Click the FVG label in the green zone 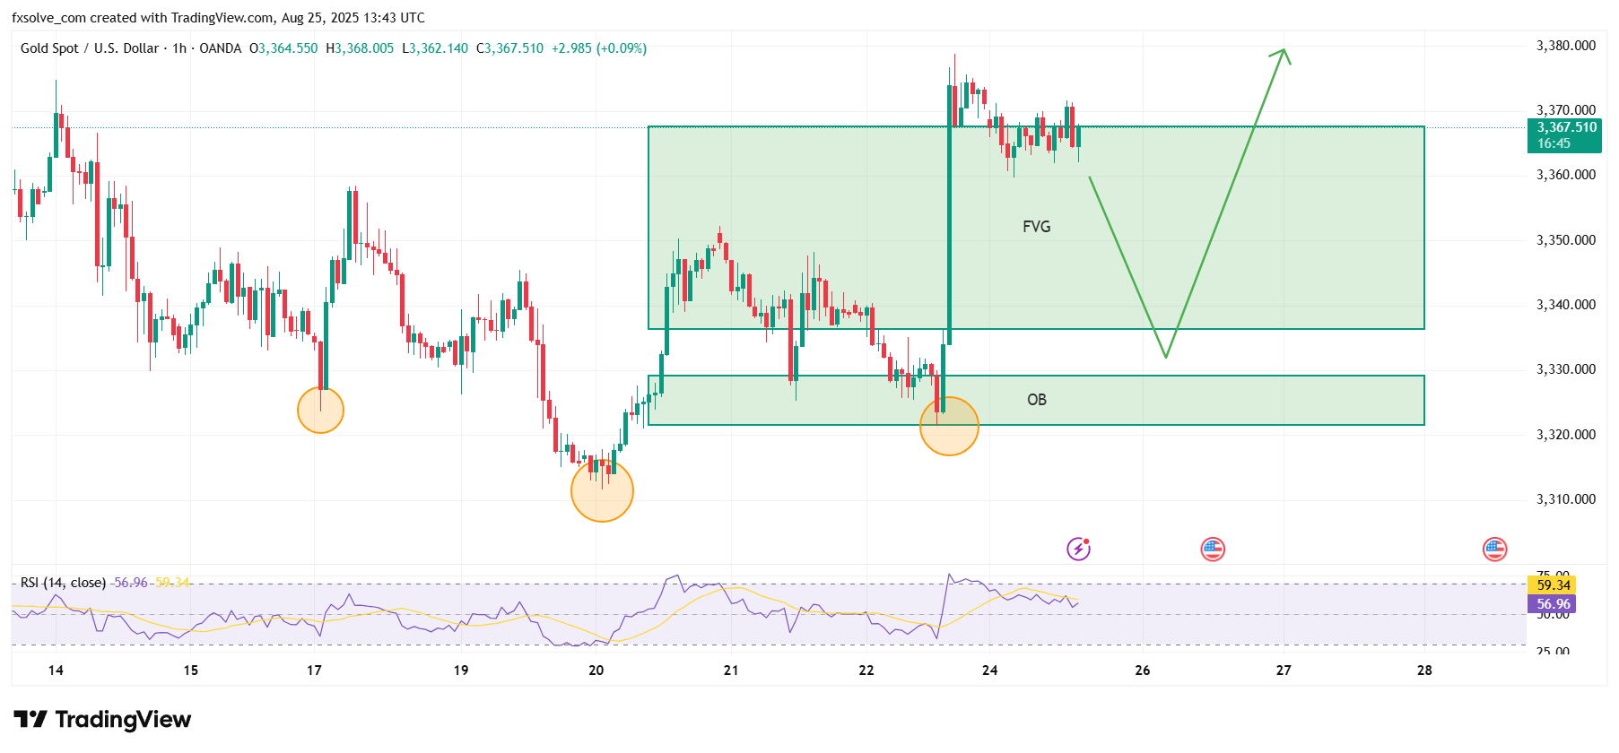coord(1036,227)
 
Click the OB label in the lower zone coord(1036,400)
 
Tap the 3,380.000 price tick coord(1566,46)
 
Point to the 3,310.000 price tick coord(1566,499)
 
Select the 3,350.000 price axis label coord(1566,240)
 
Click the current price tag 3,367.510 coord(1566,127)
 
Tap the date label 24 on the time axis coord(989,671)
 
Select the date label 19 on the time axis coord(460,671)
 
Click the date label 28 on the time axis coord(1424,671)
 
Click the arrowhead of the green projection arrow coord(1283,54)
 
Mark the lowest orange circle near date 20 coord(602,490)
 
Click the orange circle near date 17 coord(320,411)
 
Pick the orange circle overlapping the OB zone coord(949,426)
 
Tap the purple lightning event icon coord(1078,549)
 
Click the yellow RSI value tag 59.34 coord(1553,585)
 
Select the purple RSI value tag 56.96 coord(1553,604)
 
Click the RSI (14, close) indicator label coord(63,583)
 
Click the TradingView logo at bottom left coord(102,720)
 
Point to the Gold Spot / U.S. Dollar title coord(90,48)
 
